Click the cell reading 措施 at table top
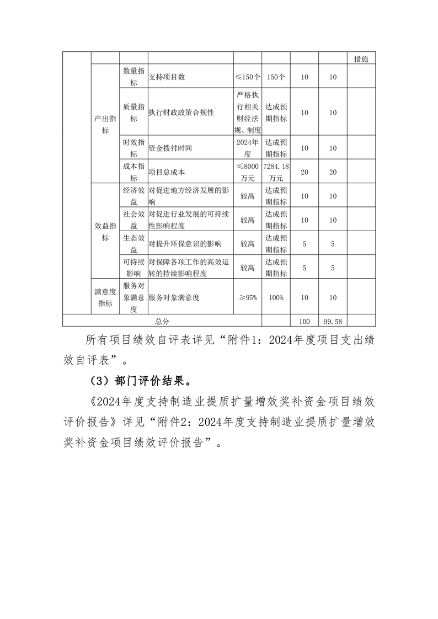tap(361, 59)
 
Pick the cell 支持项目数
tap(167, 77)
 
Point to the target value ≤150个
tap(247, 77)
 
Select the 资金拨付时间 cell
tap(170, 148)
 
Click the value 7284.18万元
tap(276, 172)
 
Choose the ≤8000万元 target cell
tap(247, 172)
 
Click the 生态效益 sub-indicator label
tap(133, 243)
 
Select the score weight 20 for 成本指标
tap(304, 172)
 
